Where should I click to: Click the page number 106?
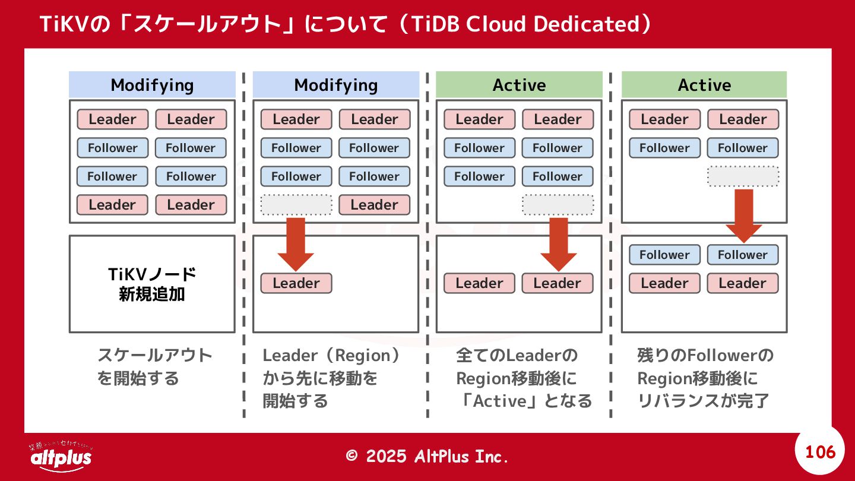click(x=820, y=452)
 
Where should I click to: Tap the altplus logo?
click(x=61, y=456)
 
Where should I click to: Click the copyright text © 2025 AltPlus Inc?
click(x=427, y=456)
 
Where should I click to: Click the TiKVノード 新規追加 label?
click(x=152, y=284)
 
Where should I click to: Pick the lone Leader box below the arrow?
click(x=296, y=283)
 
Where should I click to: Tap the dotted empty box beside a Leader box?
click(x=296, y=205)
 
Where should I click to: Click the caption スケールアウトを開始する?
click(x=154, y=367)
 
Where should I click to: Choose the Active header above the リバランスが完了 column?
click(x=704, y=85)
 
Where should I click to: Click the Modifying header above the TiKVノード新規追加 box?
click(x=152, y=85)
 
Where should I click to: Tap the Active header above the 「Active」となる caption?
click(x=519, y=85)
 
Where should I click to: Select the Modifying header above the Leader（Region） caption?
click(x=335, y=85)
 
